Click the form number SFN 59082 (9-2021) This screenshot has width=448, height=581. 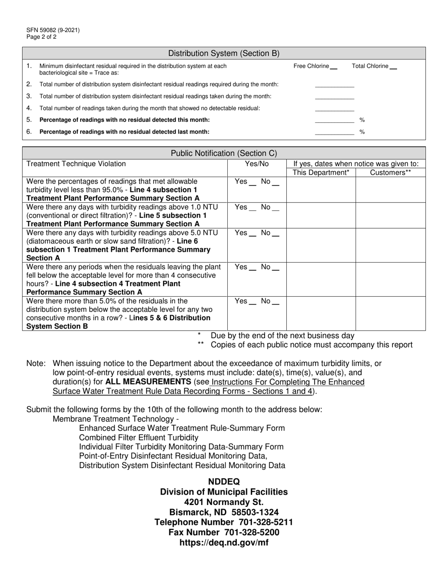tap(53, 30)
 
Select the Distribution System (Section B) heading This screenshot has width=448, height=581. tap(224, 53)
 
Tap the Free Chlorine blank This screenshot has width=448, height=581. tap(334, 67)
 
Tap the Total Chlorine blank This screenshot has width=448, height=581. tap(393, 67)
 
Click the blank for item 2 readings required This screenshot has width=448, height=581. tap(334, 85)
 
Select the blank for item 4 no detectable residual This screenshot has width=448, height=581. tap(334, 108)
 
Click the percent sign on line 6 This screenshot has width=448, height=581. tap(362, 132)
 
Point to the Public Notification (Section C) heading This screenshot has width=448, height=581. tap(224, 153)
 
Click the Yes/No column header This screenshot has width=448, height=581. tap(257, 164)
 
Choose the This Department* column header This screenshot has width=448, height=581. tap(321, 173)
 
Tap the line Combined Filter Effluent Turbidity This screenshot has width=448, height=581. tap(139, 437)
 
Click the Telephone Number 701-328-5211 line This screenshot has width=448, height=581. tap(224, 522)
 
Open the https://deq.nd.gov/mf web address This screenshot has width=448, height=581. tap(224, 543)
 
